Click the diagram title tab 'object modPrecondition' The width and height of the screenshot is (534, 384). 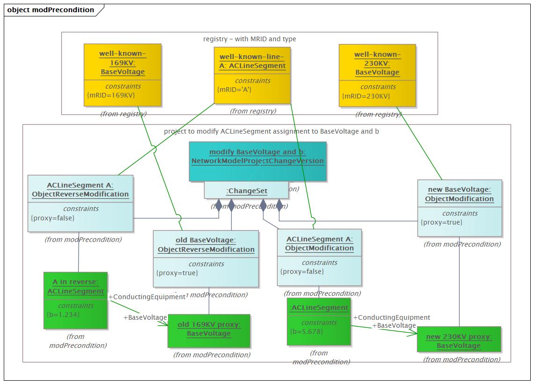(51, 10)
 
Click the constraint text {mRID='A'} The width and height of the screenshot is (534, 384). (234, 90)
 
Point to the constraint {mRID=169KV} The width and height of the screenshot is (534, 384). (111, 95)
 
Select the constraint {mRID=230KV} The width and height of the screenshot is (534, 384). (366, 96)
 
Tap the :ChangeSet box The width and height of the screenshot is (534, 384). (246, 191)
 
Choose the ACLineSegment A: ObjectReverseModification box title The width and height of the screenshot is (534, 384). (80, 190)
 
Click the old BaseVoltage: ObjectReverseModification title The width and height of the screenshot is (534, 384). (206, 245)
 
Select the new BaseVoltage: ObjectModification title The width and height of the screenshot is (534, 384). (459, 194)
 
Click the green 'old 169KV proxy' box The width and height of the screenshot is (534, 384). (209, 329)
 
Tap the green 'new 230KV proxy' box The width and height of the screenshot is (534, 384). (459, 341)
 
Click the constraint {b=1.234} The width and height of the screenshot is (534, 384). (63, 314)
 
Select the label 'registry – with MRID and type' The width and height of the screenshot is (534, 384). (249, 39)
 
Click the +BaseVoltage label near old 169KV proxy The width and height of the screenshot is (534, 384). (145, 317)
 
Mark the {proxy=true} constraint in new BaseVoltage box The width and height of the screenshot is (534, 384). (441, 222)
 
